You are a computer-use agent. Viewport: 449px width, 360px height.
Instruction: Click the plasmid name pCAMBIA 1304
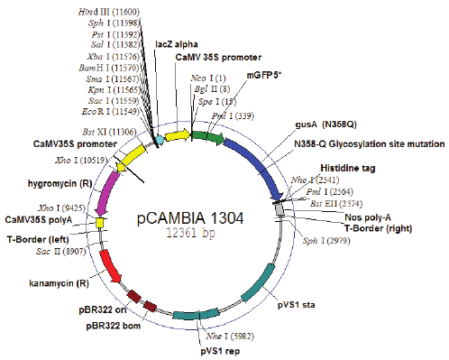point(189,217)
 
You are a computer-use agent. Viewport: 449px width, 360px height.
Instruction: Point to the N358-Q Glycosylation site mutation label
point(368,143)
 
